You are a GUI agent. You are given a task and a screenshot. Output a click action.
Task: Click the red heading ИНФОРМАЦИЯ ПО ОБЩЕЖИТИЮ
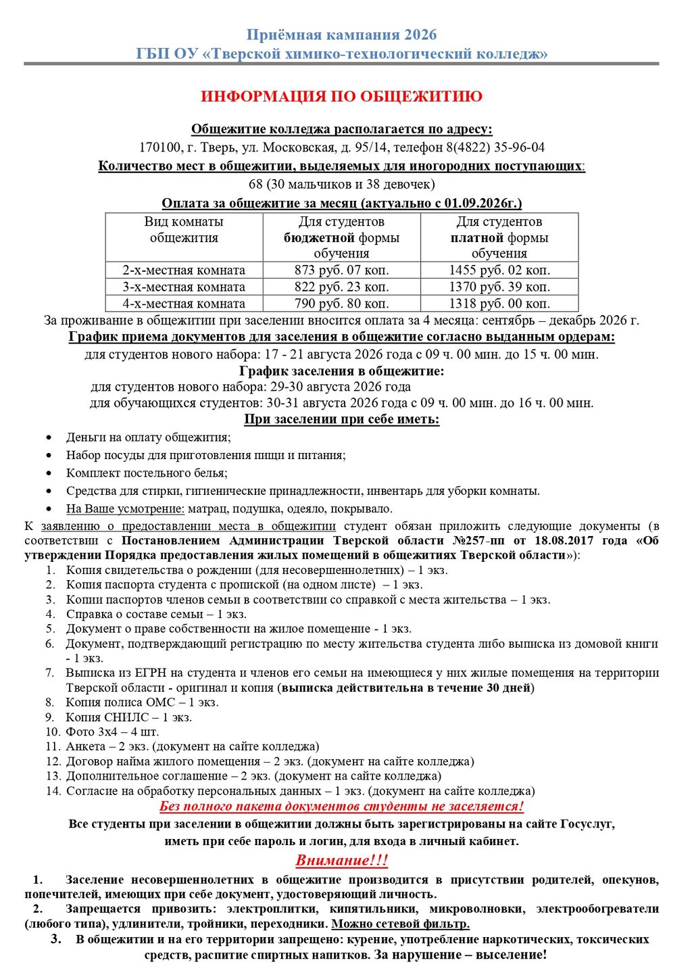pyautogui.click(x=341, y=97)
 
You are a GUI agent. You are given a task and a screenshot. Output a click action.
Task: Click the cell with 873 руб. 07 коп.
pyautogui.click(x=341, y=270)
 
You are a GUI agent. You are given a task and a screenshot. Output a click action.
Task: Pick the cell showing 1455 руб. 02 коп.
pyautogui.click(x=499, y=270)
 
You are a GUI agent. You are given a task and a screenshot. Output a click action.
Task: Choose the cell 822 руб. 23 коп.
pyautogui.click(x=341, y=287)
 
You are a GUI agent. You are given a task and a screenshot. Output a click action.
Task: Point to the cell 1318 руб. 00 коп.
pyautogui.click(x=499, y=304)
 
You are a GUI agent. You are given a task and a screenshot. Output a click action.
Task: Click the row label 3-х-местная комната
pyautogui.click(x=184, y=287)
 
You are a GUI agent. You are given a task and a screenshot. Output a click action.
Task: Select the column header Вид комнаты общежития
pyautogui.click(x=184, y=230)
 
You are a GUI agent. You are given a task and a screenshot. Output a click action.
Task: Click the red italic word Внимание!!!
pyautogui.click(x=342, y=861)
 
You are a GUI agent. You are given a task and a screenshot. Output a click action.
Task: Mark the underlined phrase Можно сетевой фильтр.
pyautogui.click(x=400, y=924)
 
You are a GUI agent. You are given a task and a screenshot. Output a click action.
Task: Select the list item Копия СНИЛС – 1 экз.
pyautogui.click(x=128, y=717)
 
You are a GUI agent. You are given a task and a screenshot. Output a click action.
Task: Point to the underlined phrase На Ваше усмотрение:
pyautogui.click(x=125, y=509)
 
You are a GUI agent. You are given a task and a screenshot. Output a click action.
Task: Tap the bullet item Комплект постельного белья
pyautogui.click(x=147, y=473)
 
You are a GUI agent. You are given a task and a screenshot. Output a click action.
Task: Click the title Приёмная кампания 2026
pyautogui.click(x=341, y=34)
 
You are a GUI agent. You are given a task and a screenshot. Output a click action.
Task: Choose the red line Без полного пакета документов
pyautogui.click(x=341, y=807)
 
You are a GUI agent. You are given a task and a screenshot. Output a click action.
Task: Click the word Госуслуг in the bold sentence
pyautogui.click(x=583, y=824)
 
